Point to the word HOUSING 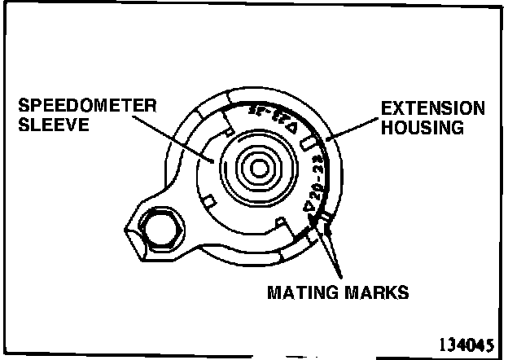click(423, 127)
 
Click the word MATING click(301, 291)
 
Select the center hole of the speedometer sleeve click(258, 169)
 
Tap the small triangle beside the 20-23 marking click(309, 207)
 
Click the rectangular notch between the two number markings click(308, 143)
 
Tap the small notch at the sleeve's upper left click(230, 130)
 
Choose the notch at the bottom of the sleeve click(280, 222)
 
